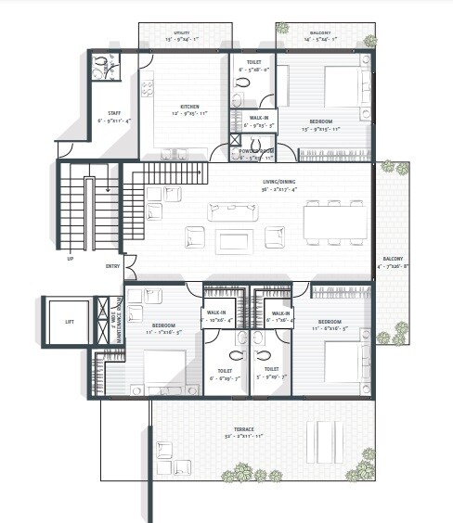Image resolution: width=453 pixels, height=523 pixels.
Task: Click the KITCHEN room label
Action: point(190,107)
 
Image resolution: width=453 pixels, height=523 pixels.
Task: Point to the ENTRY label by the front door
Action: point(113,267)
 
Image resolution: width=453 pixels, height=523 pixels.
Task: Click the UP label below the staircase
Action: point(70,259)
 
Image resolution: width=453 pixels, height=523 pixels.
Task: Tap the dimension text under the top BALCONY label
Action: point(325,41)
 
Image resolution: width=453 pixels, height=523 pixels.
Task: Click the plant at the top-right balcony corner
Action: point(369,41)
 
